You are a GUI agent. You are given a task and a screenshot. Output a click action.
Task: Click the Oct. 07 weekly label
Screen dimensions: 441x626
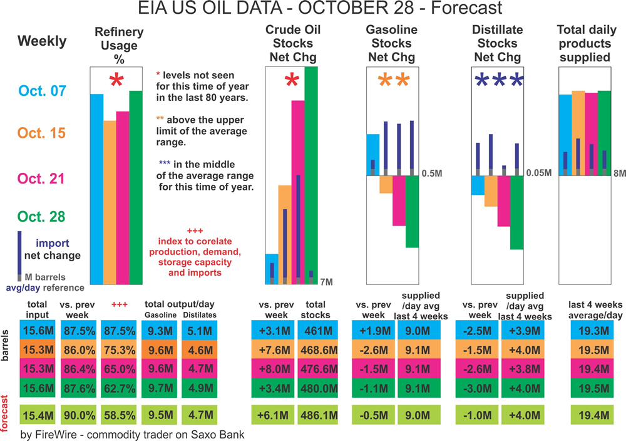41,91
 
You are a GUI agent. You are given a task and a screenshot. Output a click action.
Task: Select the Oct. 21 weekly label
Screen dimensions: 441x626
41,179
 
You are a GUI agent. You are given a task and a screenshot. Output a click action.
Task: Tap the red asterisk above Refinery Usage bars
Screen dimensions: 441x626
115,81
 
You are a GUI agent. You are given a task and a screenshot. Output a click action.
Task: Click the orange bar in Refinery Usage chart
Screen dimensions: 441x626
110,202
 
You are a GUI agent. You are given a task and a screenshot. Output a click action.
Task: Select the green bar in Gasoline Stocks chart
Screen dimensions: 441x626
411,211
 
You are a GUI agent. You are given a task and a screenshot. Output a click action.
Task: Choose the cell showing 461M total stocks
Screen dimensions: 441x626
317,329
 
